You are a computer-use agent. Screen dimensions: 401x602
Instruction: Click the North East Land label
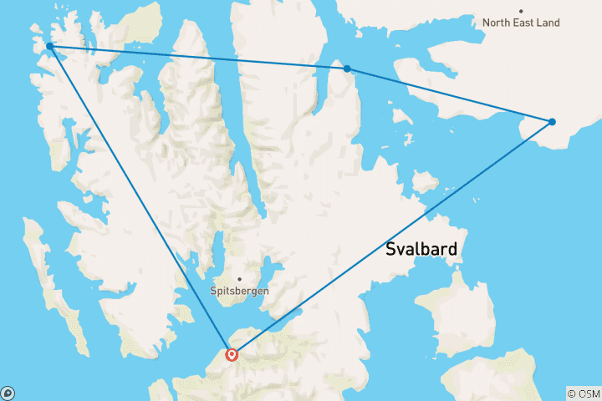coord(521,23)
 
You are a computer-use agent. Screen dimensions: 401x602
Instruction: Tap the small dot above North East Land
coord(521,11)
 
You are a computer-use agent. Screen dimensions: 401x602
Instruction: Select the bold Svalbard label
coord(423,249)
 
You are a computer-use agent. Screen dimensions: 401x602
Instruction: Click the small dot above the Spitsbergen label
coord(239,279)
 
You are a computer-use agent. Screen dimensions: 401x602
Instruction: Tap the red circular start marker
coord(232,354)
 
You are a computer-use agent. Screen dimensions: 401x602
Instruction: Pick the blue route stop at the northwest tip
coord(50,46)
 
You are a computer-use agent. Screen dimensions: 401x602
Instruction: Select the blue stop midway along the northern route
coord(347,69)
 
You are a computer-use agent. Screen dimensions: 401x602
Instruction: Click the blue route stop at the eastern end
coord(552,122)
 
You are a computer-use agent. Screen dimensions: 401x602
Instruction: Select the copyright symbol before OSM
coord(571,393)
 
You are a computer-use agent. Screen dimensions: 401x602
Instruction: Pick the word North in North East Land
coord(497,23)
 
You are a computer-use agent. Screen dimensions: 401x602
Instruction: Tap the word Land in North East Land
coord(548,23)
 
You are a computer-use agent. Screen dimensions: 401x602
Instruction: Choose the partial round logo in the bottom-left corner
coord(7,393)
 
